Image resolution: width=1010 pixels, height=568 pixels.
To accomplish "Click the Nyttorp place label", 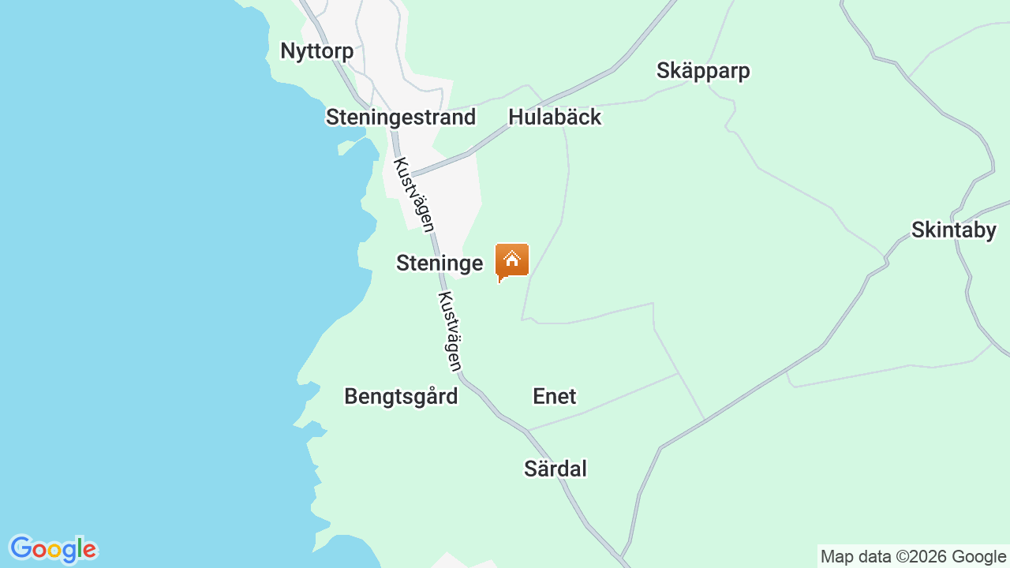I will point(316,51).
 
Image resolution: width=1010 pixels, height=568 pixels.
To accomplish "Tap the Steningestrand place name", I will point(401,118).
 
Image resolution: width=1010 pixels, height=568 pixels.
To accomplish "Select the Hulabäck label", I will point(555,118).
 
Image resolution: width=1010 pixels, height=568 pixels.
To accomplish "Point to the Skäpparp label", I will point(703,71).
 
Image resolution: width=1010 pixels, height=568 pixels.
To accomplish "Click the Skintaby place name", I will point(953,230).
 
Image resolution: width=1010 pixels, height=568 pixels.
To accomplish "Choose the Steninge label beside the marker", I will point(440,263).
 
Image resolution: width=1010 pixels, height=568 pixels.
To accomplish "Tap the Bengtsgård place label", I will point(401,396).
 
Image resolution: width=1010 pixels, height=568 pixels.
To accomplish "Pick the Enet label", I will point(555,396).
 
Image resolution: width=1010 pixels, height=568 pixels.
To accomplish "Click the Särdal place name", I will point(555,469).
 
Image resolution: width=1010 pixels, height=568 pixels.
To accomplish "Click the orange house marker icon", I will point(511,260).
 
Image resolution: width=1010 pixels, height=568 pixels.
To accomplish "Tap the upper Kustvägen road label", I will point(414,195).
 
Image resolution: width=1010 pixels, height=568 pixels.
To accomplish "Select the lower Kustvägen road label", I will point(450,331).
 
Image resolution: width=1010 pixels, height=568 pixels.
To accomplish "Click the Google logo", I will point(53,549).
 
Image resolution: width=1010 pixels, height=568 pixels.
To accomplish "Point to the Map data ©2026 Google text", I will point(913,557).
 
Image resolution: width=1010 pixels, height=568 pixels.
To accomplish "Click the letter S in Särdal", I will point(531,469).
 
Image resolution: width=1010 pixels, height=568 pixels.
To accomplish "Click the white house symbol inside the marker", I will point(511,259).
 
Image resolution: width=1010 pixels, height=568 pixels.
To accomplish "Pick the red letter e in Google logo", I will point(90,550).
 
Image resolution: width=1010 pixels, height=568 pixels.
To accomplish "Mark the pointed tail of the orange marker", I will point(499,280).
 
